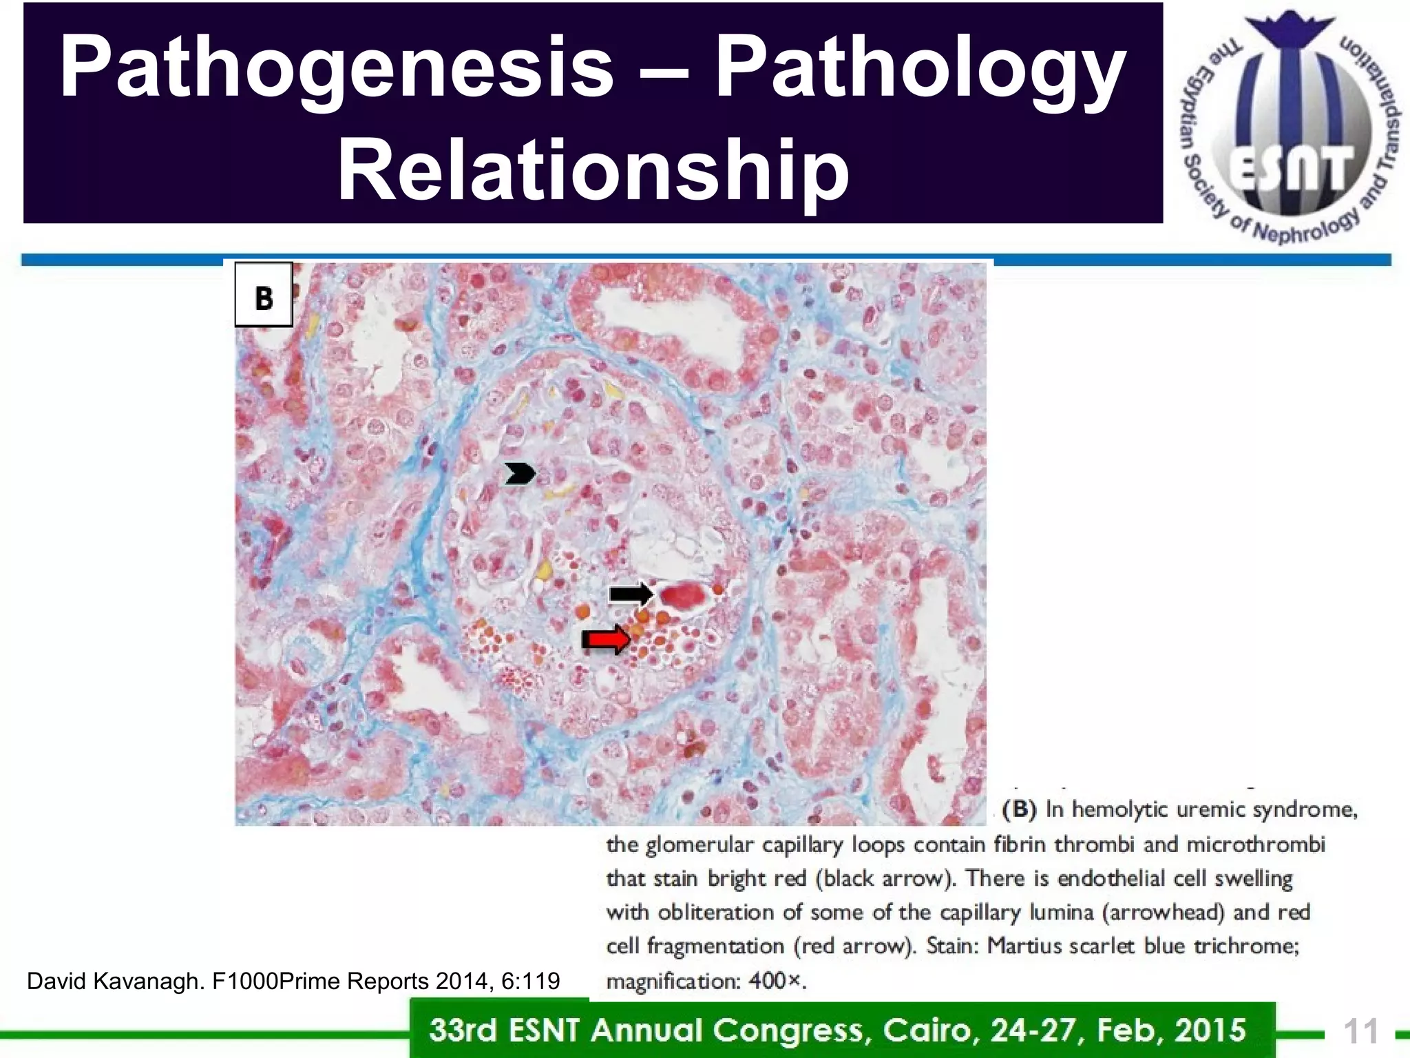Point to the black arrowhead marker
(520, 473)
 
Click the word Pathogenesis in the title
(337, 67)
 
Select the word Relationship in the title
(593, 169)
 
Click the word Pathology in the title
(920, 67)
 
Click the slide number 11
(1360, 1031)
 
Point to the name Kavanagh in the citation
(147, 981)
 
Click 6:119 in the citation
(530, 981)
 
